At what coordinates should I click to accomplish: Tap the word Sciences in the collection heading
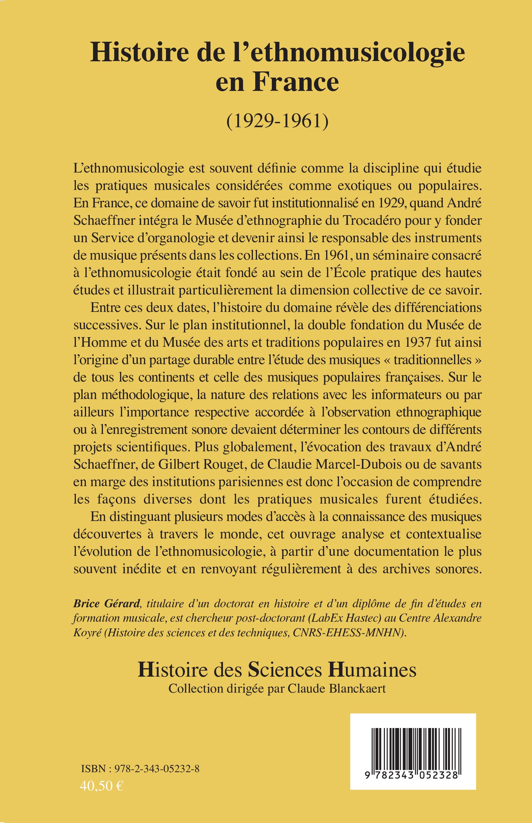pos(288,670)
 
